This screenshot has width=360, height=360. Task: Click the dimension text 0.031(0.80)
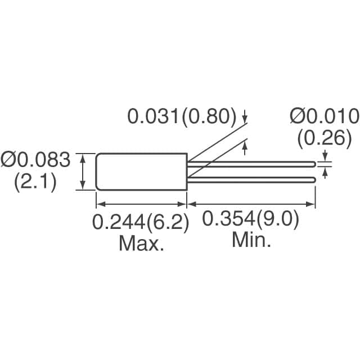(x=182, y=116)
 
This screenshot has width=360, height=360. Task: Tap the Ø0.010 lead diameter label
(x=324, y=116)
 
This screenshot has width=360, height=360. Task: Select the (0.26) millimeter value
(x=324, y=138)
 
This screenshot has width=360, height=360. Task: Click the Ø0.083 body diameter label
(x=35, y=161)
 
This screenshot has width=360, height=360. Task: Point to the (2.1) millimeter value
(x=35, y=182)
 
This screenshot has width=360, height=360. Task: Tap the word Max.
(x=141, y=244)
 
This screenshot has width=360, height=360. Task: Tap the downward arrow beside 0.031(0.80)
(x=245, y=119)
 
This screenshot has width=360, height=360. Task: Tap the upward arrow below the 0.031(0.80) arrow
(x=245, y=147)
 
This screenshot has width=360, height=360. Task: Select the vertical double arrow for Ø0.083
(x=83, y=172)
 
